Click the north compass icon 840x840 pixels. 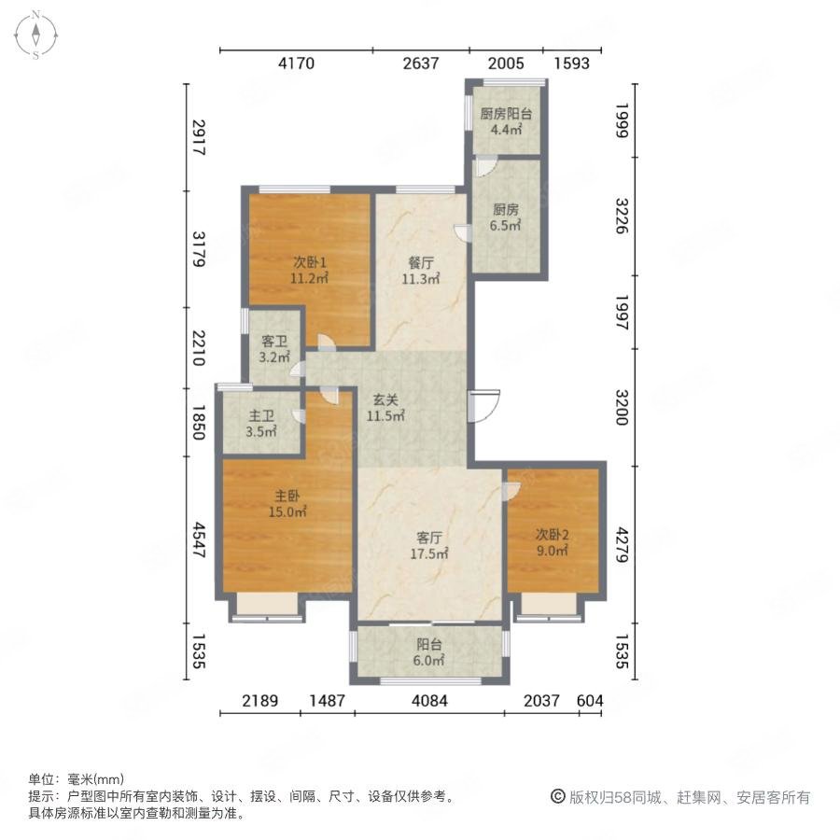(x=35, y=35)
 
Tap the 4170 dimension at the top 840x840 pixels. (x=296, y=63)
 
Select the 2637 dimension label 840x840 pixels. (x=421, y=63)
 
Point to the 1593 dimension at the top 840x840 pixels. (x=571, y=63)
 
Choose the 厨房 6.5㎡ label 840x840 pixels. (x=505, y=217)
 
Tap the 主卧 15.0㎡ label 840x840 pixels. (x=287, y=504)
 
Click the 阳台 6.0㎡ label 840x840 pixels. (x=428, y=652)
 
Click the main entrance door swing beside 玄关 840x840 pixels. (x=484, y=406)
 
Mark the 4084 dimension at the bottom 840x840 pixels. (x=429, y=700)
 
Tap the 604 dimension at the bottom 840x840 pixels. (x=590, y=700)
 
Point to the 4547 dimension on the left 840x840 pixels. (x=199, y=540)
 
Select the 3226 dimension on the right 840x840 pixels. (x=622, y=216)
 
